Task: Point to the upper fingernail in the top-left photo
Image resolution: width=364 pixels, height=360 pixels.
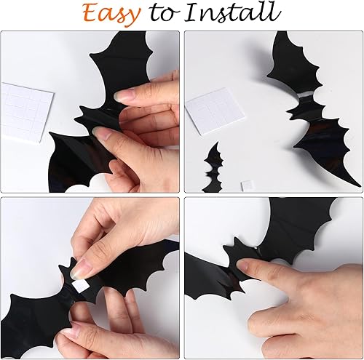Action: click(x=123, y=95)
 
